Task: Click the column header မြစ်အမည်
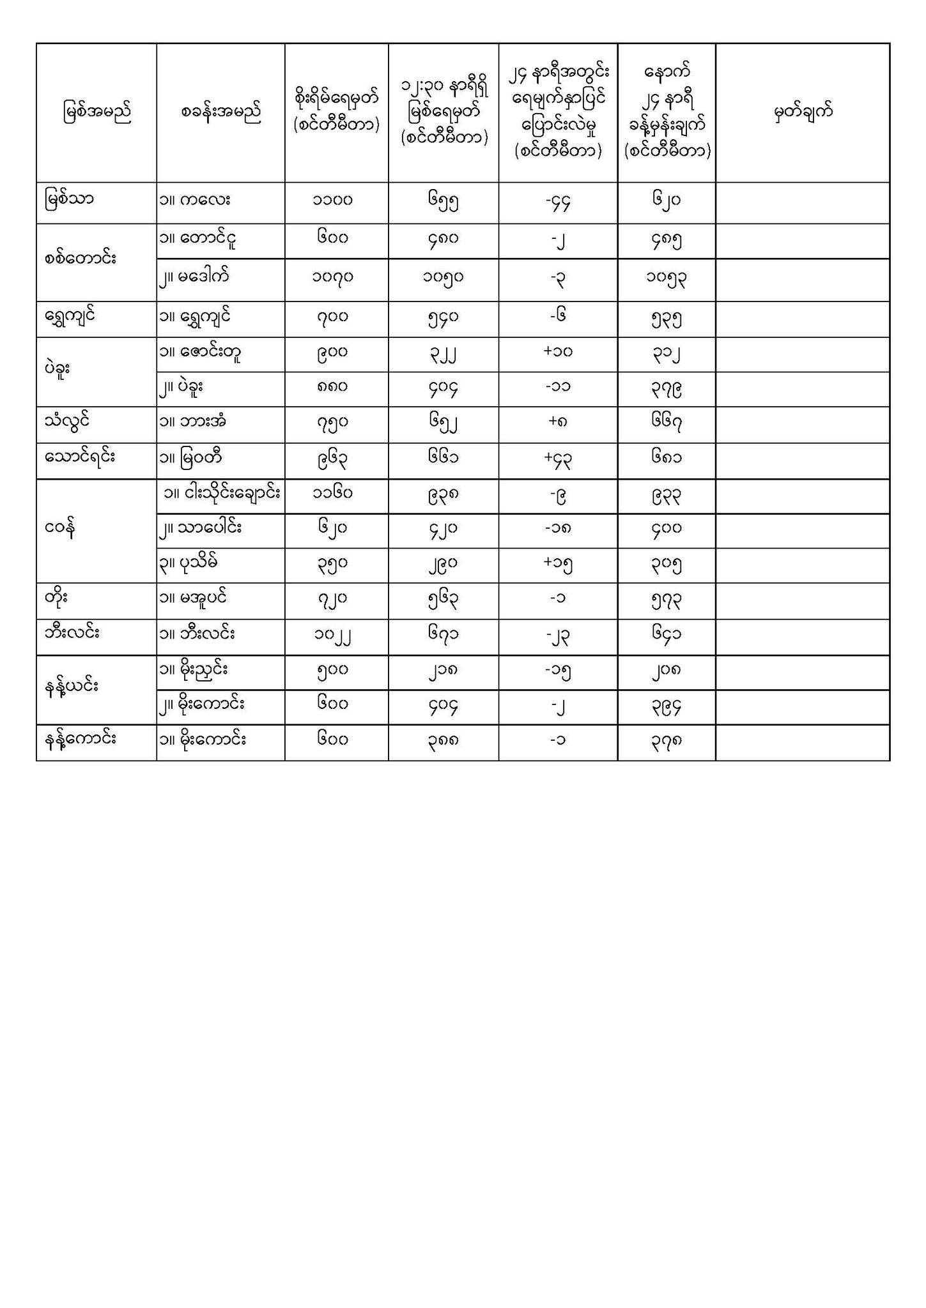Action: tap(96, 112)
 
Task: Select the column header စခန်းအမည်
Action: tap(220, 112)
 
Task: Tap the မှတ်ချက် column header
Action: tap(803, 112)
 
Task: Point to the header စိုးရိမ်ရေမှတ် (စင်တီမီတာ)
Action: tap(336, 112)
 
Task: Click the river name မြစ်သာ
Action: tap(69, 200)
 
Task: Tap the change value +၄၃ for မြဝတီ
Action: tap(558, 460)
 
